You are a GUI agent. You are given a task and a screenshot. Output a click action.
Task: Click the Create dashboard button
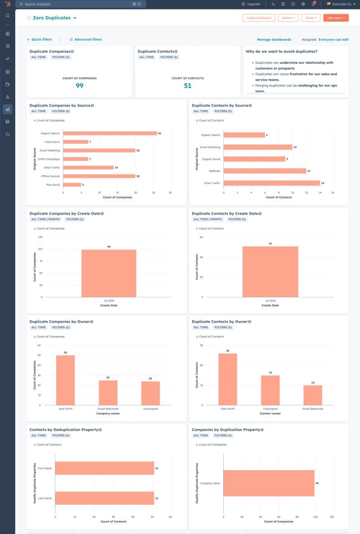pyautogui.click(x=259, y=18)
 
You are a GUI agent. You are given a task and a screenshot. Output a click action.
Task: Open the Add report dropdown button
pyautogui.click(x=336, y=18)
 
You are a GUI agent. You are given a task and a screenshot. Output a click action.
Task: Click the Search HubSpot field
pyautogui.click(x=81, y=4)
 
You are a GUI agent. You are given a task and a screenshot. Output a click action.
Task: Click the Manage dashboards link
pyautogui.click(x=274, y=40)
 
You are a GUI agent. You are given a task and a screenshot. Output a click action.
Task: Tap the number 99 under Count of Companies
pyautogui.click(x=80, y=86)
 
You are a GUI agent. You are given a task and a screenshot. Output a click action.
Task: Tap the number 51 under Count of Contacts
pyautogui.click(x=188, y=86)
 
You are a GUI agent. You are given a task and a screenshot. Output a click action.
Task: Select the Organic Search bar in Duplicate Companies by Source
pyautogui.click(x=110, y=133)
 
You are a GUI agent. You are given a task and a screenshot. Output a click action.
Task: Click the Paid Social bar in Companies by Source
pyautogui.click(x=72, y=184)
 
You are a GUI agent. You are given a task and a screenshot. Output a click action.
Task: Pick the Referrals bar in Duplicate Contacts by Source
pyautogui.click(x=265, y=171)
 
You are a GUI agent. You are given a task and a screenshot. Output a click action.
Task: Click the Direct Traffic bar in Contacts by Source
pyautogui.click(x=271, y=183)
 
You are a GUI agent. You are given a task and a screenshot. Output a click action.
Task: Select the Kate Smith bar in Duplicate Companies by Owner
pyautogui.click(x=65, y=380)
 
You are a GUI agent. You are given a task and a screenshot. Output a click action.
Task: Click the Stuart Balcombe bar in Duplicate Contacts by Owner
pyautogui.click(x=312, y=395)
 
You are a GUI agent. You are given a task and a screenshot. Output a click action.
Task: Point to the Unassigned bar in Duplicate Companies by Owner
pyautogui.click(x=150, y=393)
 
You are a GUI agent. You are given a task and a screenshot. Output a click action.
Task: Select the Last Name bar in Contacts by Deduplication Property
pyautogui.click(x=104, y=498)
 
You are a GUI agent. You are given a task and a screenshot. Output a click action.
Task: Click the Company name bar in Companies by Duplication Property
pyautogui.click(x=269, y=483)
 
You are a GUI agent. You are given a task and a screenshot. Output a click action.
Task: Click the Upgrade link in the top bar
pyautogui.click(x=251, y=4)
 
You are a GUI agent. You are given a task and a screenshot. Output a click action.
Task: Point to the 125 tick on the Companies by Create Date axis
pyautogui.click(x=40, y=237)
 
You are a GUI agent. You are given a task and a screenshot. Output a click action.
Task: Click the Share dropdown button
pyautogui.click(x=311, y=18)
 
